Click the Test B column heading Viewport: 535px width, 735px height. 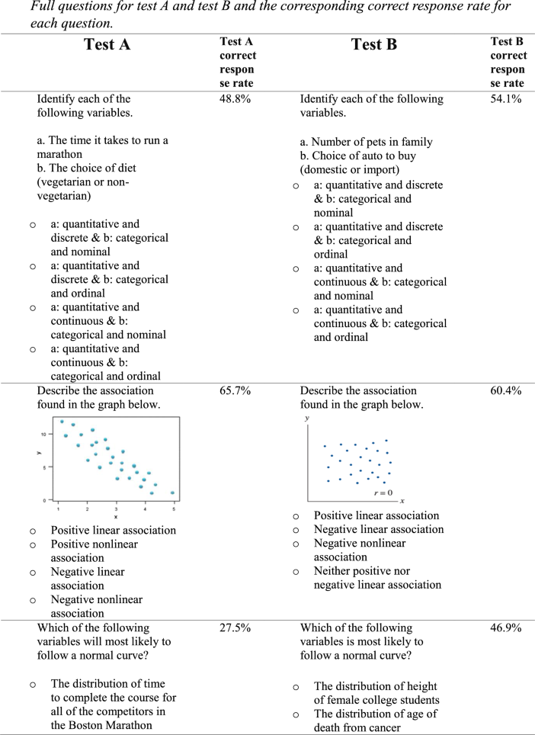point(373,44)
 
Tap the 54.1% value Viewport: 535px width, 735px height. point(506,99)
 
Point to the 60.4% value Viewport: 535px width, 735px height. point(506,390)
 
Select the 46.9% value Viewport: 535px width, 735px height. point(506,627)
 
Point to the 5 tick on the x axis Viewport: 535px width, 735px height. point(173,507)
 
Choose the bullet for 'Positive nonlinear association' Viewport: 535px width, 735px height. point(33,544)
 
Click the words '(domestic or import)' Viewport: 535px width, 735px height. point(348,169)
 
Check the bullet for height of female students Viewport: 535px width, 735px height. point(296,687)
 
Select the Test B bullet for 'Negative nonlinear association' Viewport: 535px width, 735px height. point(296,544)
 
